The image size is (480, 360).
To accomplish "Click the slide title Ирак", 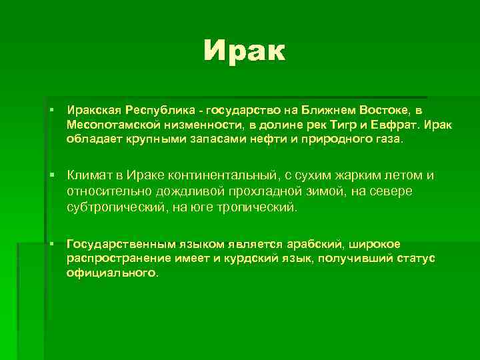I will (245, 50).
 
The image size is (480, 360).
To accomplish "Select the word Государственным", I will (115, 244).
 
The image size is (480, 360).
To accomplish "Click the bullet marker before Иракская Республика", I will (51, 109).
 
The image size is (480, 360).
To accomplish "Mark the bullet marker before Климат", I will (51, 175).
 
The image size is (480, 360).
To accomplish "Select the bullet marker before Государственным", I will (51, 244).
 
